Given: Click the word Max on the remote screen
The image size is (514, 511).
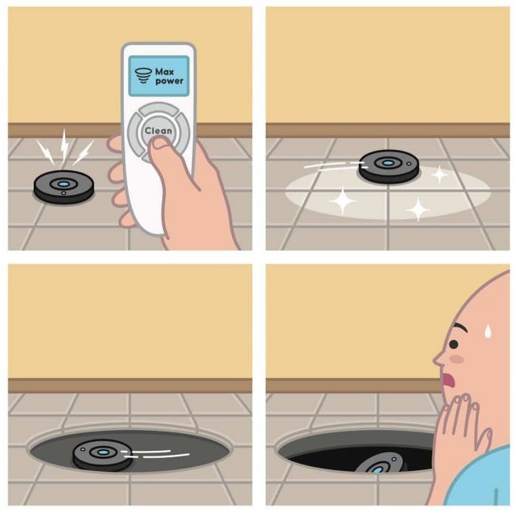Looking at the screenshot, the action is point(165,71).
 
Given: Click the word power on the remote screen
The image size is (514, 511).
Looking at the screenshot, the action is point(169,81).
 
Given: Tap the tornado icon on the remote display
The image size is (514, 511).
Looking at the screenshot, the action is point(143,75).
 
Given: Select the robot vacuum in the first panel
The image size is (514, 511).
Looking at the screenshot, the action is point(63,187).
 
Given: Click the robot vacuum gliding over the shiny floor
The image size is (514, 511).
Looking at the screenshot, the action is point(389,165).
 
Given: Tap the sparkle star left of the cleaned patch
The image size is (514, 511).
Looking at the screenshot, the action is point(343,201).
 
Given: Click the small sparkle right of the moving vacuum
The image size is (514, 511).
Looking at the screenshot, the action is point(439,175).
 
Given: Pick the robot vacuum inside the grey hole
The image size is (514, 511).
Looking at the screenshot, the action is point(102,455).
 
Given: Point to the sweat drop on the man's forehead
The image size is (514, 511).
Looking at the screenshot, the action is point(488,331).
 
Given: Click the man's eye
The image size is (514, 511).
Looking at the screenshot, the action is point(453,344).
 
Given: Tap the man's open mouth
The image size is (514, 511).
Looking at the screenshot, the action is point(448,380).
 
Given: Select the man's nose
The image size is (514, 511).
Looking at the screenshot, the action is point(439,359).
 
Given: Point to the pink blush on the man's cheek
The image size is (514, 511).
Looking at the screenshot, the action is point(457,359).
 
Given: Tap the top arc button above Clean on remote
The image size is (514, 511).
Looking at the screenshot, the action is point(159,109).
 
